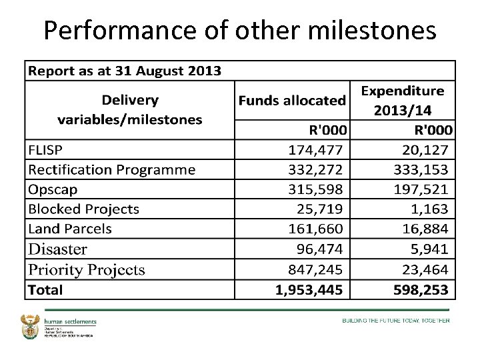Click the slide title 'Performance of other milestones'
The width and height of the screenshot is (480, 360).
click(x=240, y=30)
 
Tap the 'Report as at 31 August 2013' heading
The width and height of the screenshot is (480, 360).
click(x=124, y=71)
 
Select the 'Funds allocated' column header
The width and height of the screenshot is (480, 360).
click(x=292, y=101)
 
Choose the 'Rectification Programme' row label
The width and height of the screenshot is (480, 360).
click(x=111, y=169)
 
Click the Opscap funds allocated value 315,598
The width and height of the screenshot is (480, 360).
click(x=316, y=189)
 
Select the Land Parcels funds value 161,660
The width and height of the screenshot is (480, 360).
click(x=316, y=229)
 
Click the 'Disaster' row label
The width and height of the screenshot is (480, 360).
click(x=57, y=249)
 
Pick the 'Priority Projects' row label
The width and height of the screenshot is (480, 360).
click(x=86, y=269)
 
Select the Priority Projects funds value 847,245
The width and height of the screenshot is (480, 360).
click(x=316, y=269)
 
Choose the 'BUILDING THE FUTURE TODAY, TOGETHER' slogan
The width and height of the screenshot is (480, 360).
click(x=396, y=321)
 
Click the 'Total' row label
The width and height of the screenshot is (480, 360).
click(x=45, y=289)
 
